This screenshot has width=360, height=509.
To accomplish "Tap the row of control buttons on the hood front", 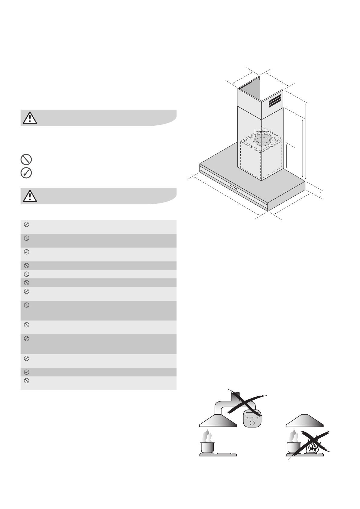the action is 233,187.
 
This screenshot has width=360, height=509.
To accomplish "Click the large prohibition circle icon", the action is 26,159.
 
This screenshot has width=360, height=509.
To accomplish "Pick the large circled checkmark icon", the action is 26,173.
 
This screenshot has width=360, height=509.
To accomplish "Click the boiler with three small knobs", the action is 252,418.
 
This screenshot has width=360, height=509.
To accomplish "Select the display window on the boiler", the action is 251,414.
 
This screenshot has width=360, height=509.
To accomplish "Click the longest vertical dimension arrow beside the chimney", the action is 306,141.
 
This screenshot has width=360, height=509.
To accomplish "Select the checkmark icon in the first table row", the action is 26,224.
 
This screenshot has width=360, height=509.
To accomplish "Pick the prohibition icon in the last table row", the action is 26,381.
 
